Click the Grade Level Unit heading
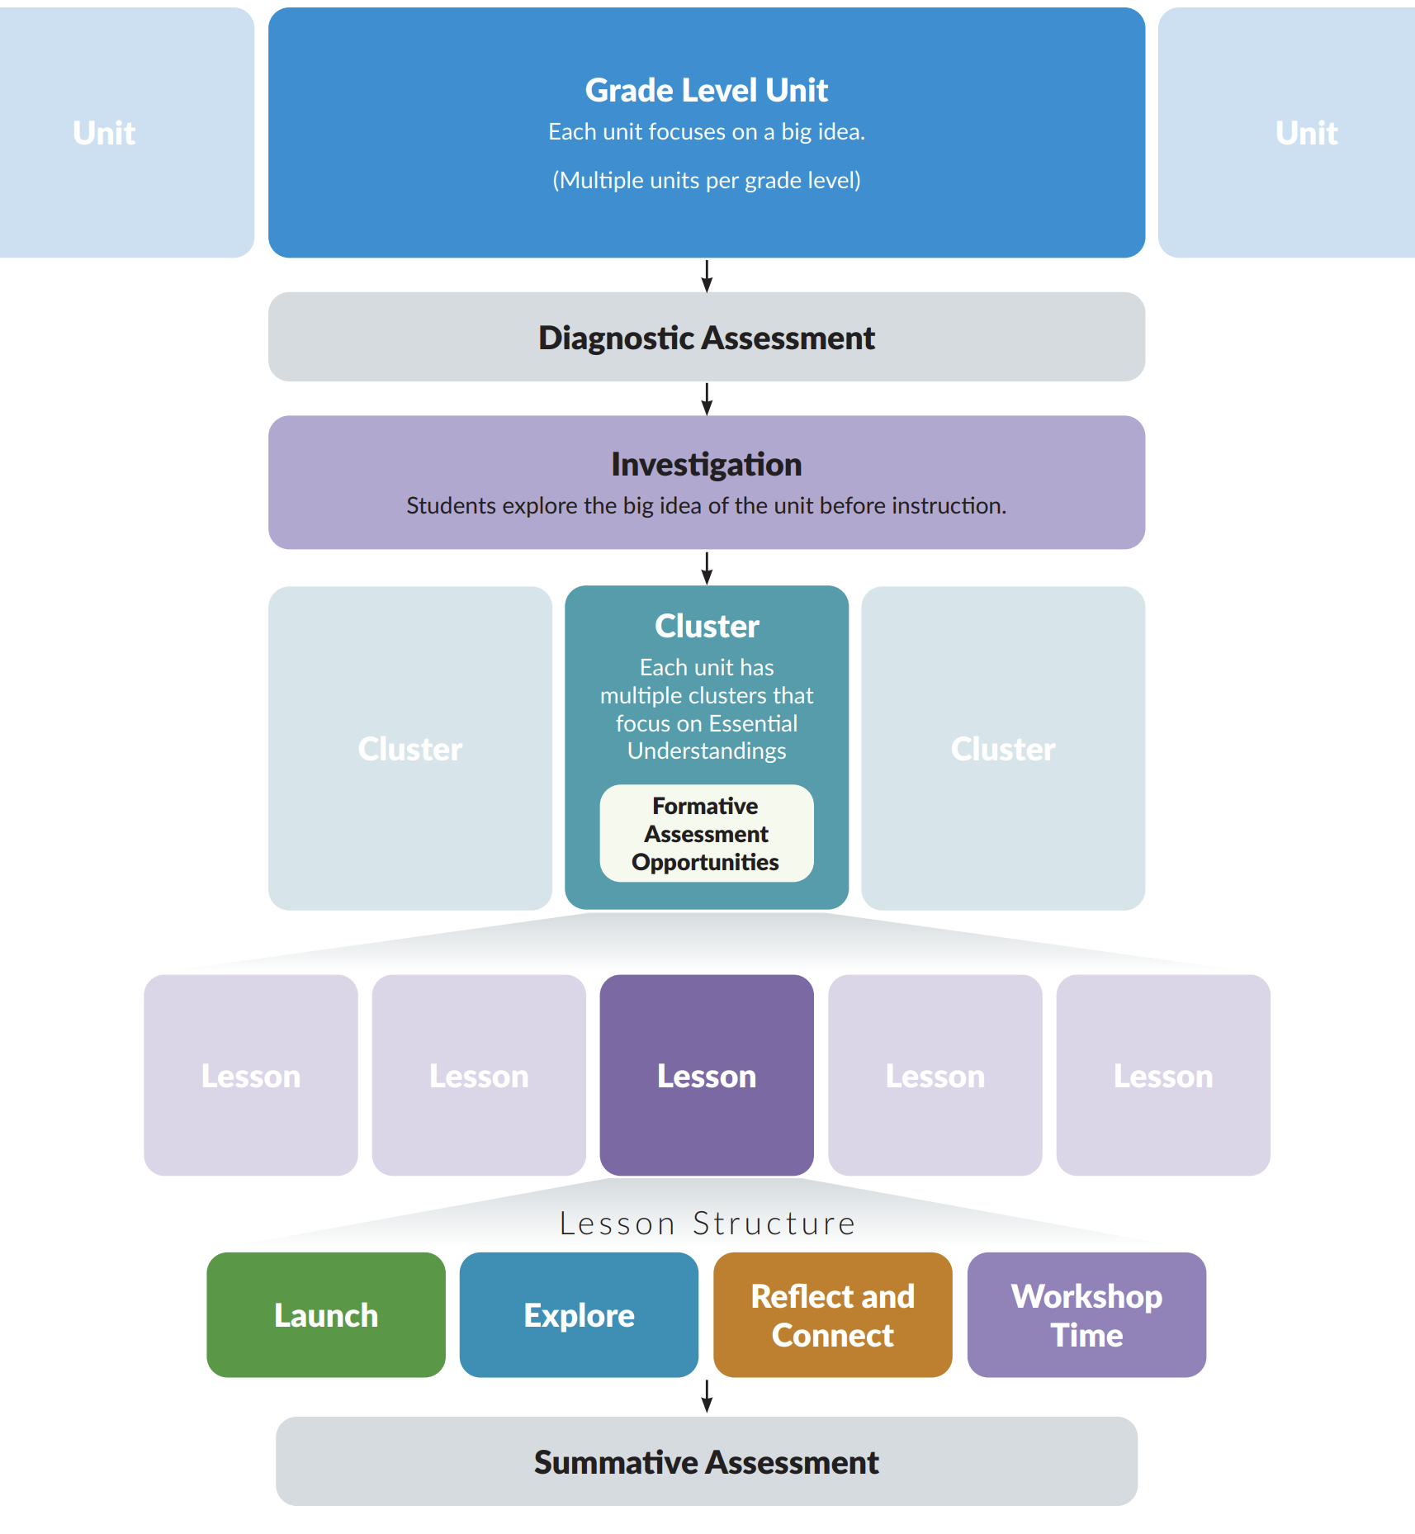(706, 91)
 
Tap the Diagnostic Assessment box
(706, 338)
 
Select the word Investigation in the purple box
(706, 465)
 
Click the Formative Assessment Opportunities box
(706, 834)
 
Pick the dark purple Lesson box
(706, 1075)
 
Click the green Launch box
(325, 1314)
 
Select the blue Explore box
(579, 1314)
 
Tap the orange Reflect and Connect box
(832, 1314)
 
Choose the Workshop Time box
(1086, 1314)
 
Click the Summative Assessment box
(706, 1462)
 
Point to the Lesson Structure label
(707, 1224)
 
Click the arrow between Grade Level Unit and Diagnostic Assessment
(707, 276)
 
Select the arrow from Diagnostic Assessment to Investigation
(707, 399)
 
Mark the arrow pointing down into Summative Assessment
(707, 1396)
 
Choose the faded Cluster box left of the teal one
(409, 749)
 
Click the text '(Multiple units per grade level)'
(706, 180)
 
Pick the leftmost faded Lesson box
(250, 1075)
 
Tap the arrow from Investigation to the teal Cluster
(707, 568)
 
